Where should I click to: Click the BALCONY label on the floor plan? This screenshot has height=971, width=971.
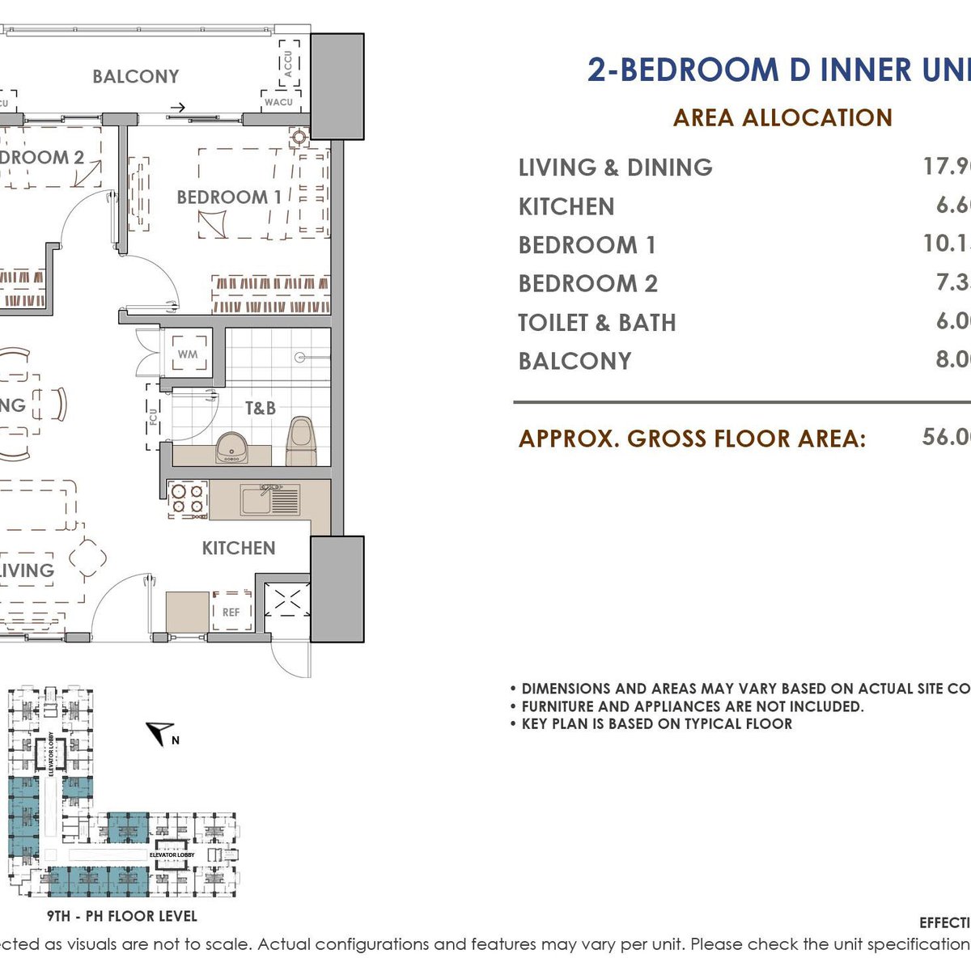tap(135, 77)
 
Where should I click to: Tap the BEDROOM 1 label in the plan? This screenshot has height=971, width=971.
tap(229, 197)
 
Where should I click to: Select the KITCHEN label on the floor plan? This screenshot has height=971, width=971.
tap(239, 549)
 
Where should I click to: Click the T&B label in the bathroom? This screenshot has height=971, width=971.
tap(261, 409)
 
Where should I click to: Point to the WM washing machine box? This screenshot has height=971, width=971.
tap(188, 354)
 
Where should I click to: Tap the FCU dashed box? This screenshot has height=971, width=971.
tap(154, 417)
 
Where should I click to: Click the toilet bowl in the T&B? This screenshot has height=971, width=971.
tap(301, 441)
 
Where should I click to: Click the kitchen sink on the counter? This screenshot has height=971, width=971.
tap(270, 500)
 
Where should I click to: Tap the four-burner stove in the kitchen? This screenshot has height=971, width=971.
tap(188, 499)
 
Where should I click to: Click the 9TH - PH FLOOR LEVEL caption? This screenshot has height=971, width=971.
tap(122, 917)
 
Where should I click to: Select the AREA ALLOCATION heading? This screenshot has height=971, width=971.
tap(782, 118)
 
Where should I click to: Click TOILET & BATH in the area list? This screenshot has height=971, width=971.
tap(597, 323)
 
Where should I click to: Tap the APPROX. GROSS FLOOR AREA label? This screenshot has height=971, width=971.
tap(692, 439)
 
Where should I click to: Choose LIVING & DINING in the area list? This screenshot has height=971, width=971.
tap(616, 167)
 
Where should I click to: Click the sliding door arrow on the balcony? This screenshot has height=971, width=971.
tap(177, 107)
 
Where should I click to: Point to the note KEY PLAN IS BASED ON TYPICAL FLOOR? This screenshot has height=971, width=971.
tap(656, 724)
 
